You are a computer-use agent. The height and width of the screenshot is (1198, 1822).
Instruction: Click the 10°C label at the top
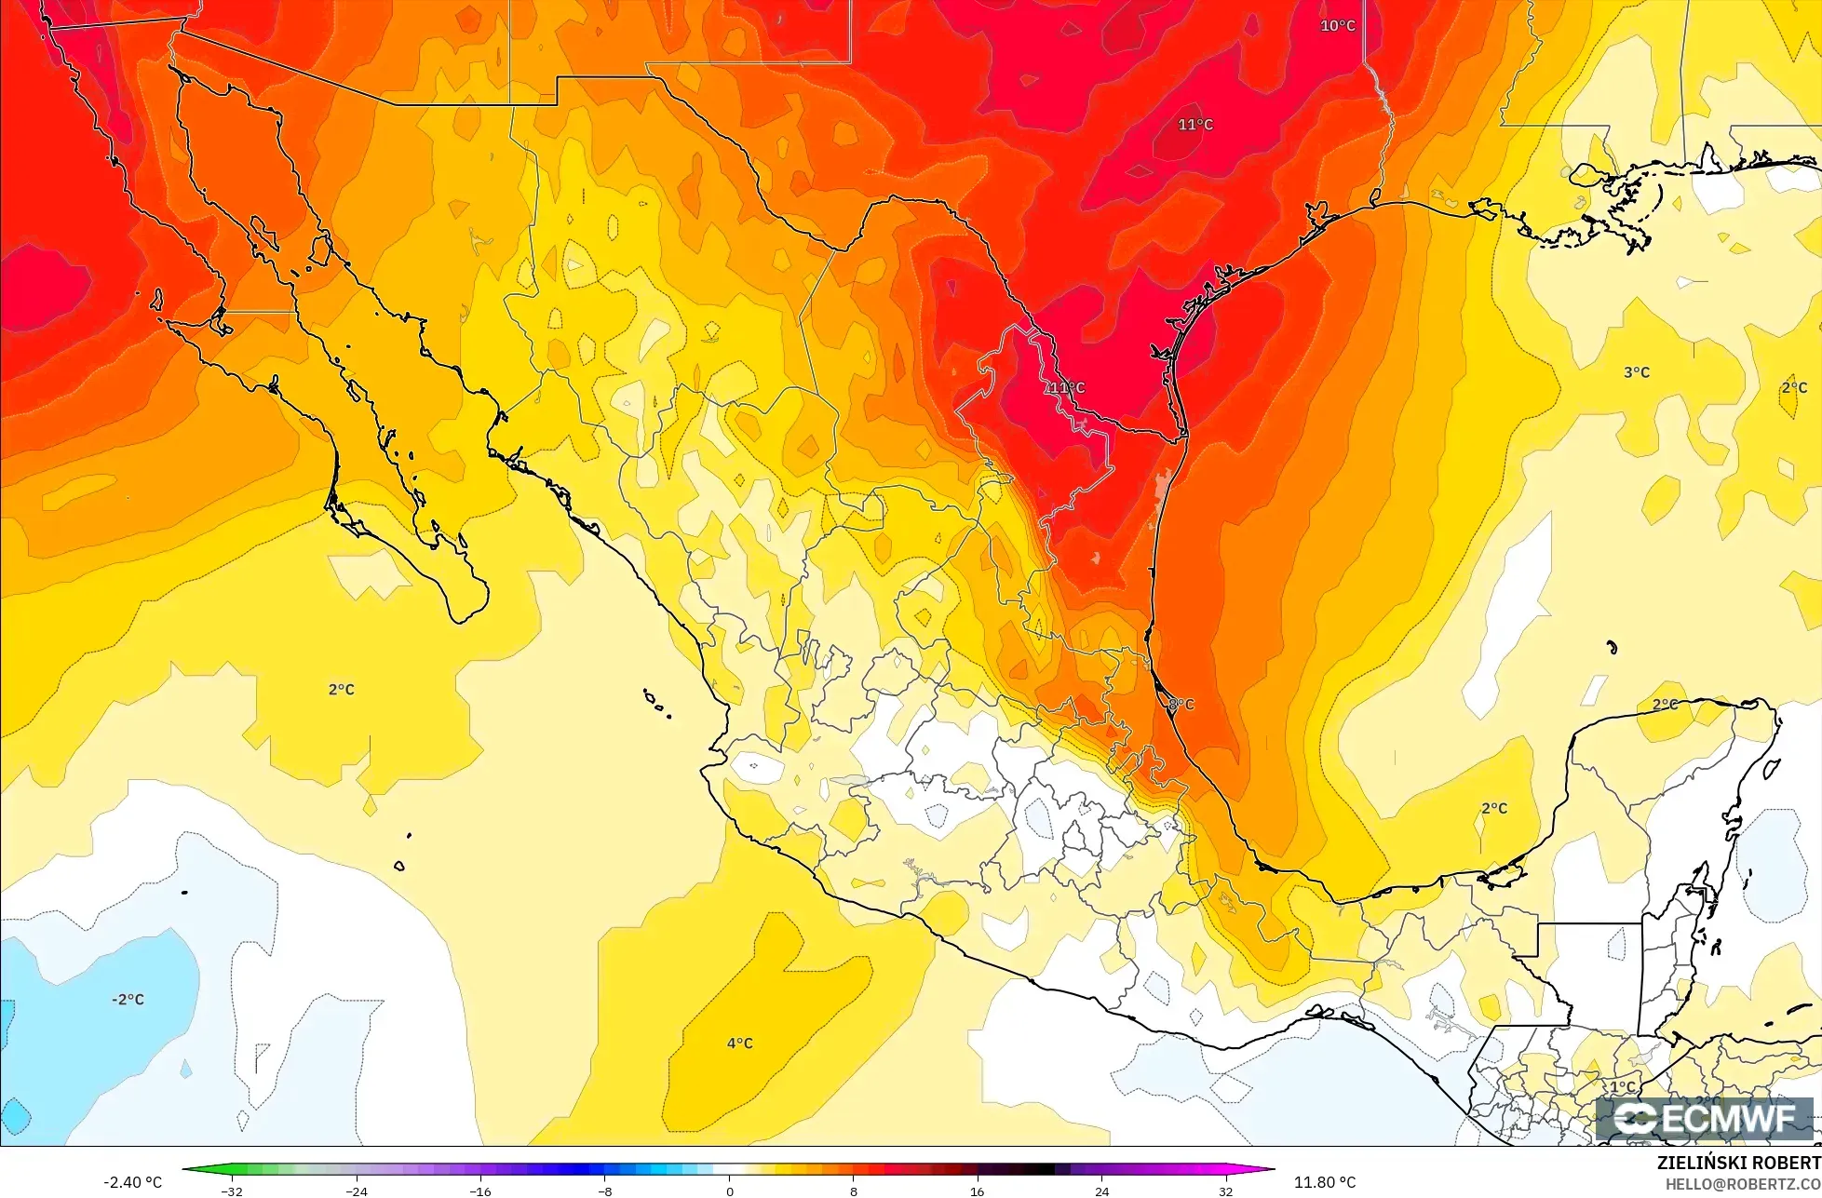click(1337, 26)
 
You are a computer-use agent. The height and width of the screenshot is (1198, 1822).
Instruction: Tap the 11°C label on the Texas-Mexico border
click(1066, 387)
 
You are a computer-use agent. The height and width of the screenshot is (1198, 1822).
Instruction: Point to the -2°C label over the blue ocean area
click(128, 999)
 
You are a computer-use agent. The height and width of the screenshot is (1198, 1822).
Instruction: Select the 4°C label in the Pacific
click(740, 1043)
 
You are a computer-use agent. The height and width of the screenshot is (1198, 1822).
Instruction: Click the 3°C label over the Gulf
click(1637, 372)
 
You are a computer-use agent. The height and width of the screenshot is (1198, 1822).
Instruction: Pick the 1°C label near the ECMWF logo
click(1623, 1086)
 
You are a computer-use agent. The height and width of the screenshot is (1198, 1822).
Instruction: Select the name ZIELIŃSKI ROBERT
click(1739, 1164)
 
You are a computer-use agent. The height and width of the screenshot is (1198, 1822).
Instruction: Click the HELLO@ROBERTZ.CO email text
click(1743, 1184)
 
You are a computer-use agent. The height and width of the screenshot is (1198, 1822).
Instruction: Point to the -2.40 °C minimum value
click(134, 1182)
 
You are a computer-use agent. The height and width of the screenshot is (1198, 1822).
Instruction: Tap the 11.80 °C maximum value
click(1325, 1182)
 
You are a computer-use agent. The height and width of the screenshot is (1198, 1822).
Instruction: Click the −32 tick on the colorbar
click(232, 1191)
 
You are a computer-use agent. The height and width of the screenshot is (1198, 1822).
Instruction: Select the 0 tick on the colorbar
click(729, 1191)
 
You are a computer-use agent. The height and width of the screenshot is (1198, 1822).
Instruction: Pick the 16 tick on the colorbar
click(978, 1191)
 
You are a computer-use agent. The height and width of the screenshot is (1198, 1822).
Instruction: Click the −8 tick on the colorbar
click(604, 1191)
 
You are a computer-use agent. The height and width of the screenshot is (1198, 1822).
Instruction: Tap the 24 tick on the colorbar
click(1101, 1191)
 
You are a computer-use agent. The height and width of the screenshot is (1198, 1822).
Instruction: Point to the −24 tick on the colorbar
click(357, 1191)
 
